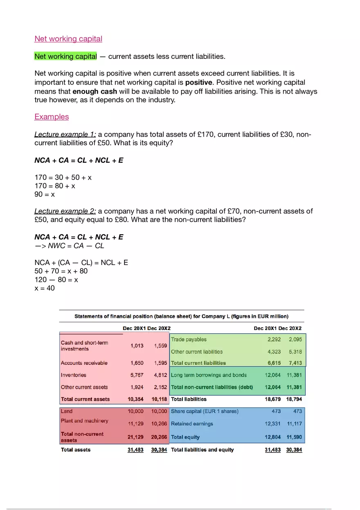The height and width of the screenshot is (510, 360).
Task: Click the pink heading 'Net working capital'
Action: click(68, 39)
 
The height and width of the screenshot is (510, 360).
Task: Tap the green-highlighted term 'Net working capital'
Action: click(65, 56)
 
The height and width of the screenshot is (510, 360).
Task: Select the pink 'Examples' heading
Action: click(52, 117)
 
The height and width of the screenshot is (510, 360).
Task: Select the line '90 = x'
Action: click(45, 194)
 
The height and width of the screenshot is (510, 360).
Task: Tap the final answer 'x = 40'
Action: click(45, 288)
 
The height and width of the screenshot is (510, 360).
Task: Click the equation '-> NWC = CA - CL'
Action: click(70, 246)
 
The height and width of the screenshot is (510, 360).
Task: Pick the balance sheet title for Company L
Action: click(181, 316)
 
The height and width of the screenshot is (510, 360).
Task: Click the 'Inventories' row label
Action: click(74, 375)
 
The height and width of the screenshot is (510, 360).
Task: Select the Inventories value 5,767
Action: click(137, 375)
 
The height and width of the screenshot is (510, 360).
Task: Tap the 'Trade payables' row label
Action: click(189, 339)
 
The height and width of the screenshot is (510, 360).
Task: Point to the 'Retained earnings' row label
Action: click(192, 424)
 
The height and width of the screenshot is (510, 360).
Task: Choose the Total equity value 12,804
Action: click(272, 437)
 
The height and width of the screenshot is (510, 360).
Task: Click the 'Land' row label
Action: click(66, 411)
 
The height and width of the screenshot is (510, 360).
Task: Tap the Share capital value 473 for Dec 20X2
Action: click(297, 411)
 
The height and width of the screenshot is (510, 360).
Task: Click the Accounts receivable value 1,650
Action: click(137, 363)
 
